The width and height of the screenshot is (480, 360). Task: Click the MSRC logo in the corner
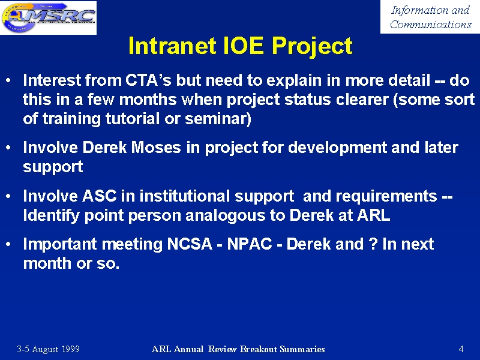(49, 17)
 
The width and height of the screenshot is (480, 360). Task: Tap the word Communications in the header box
(430, 24)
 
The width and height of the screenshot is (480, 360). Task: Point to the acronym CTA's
(148, 80)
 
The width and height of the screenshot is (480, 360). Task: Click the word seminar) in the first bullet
(218, 119)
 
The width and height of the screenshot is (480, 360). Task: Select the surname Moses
(156, 147)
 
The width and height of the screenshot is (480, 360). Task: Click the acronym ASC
(99, 196)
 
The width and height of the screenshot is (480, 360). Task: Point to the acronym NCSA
(190, 244)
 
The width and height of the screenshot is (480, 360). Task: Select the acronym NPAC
(250, 244)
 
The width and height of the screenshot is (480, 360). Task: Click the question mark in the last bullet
(373, 244)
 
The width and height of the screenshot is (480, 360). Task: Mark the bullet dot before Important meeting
(8, 244)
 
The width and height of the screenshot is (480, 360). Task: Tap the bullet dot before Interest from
(8, 80)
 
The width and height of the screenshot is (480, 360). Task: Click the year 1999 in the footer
(71, 349)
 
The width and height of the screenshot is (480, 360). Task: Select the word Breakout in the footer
(259, 349)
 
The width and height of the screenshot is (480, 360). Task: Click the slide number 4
(461, 349)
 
